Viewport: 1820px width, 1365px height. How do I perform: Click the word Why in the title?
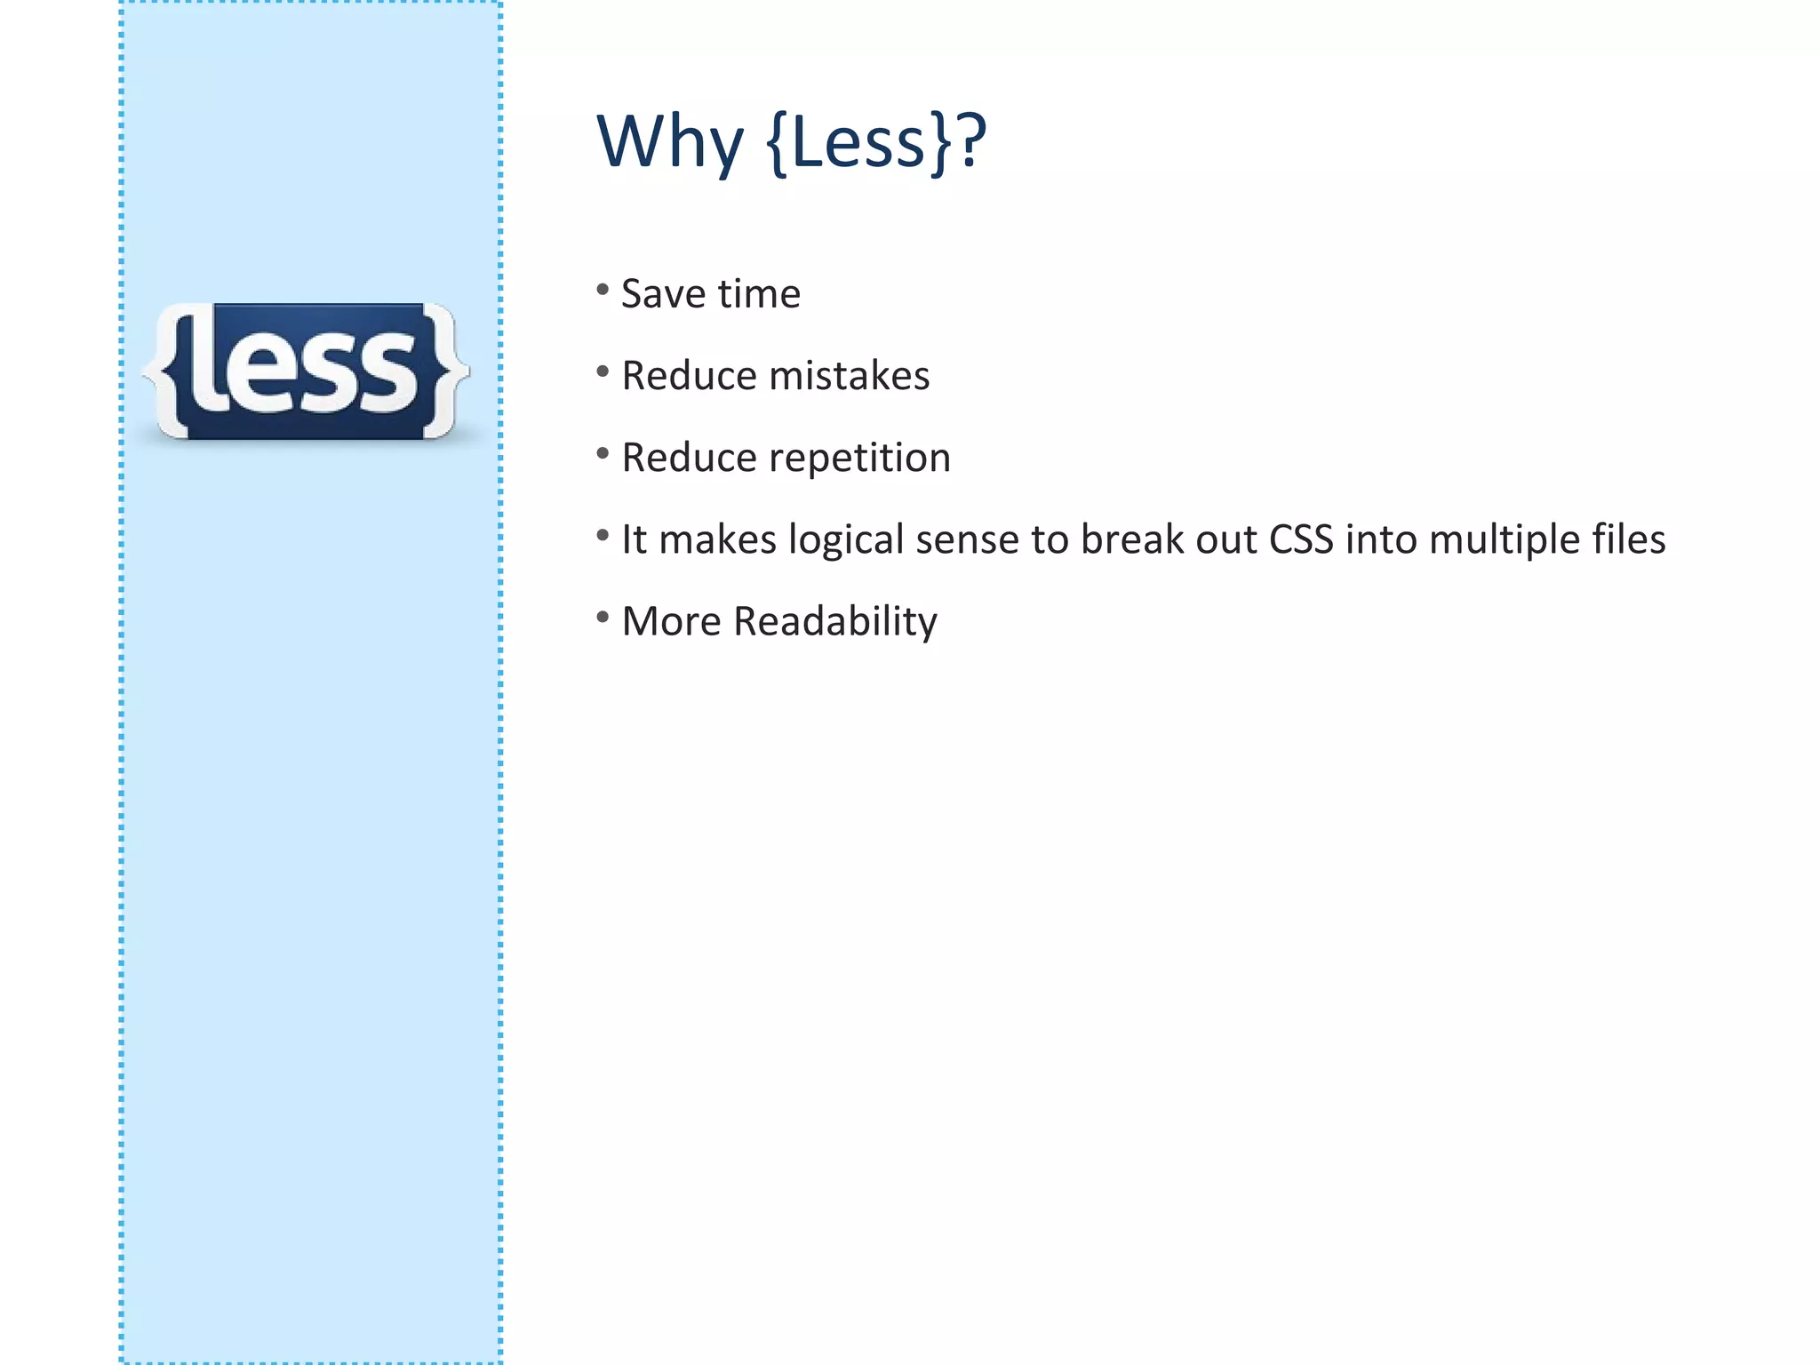click(669, 142)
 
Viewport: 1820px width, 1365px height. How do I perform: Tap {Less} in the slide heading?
click(858, 142)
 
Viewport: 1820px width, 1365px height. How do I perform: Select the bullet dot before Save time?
click(603, 290)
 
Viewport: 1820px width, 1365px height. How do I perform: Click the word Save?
click(662, 294)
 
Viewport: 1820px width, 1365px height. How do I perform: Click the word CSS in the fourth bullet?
click(1301, 539)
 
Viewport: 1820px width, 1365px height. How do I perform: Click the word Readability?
click(835, 622)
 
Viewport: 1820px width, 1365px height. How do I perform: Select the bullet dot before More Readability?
click(603, 617)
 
